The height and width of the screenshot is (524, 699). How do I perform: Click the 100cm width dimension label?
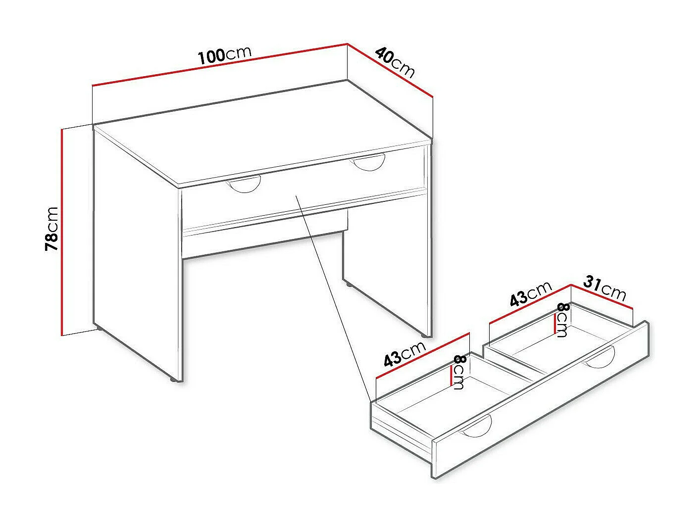(x=225, y=55)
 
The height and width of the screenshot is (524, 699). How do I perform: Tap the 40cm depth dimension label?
(x=395, y=62)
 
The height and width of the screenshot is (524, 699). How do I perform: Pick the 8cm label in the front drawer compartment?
(x=458, y=372)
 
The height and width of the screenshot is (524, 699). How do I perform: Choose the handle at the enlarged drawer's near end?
(x=475, y=428)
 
